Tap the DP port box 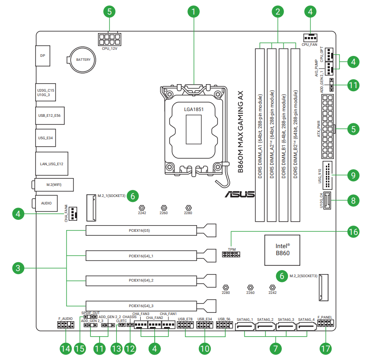[42, 56]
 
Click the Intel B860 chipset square [282, 250]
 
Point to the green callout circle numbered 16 [353, 231]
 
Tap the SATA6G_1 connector [246, 327]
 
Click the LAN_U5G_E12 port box [52, 164]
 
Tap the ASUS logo [239, 194]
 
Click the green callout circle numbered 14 [65, 349]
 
